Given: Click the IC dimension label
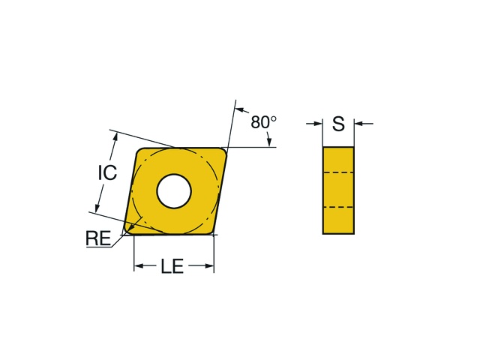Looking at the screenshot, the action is (107, 172).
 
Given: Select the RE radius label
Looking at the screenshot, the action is (98, 238).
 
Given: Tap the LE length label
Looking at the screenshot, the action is (172, 265).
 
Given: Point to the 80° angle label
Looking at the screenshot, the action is (263, 121).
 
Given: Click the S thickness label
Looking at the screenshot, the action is (338, 124).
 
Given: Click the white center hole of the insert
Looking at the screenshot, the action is (174, 191).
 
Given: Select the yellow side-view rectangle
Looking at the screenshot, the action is (338, 190).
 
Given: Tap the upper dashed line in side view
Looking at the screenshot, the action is (338, 172).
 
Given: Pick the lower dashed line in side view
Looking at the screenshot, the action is (338, 207).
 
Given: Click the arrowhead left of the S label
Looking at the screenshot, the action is (318, 124).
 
